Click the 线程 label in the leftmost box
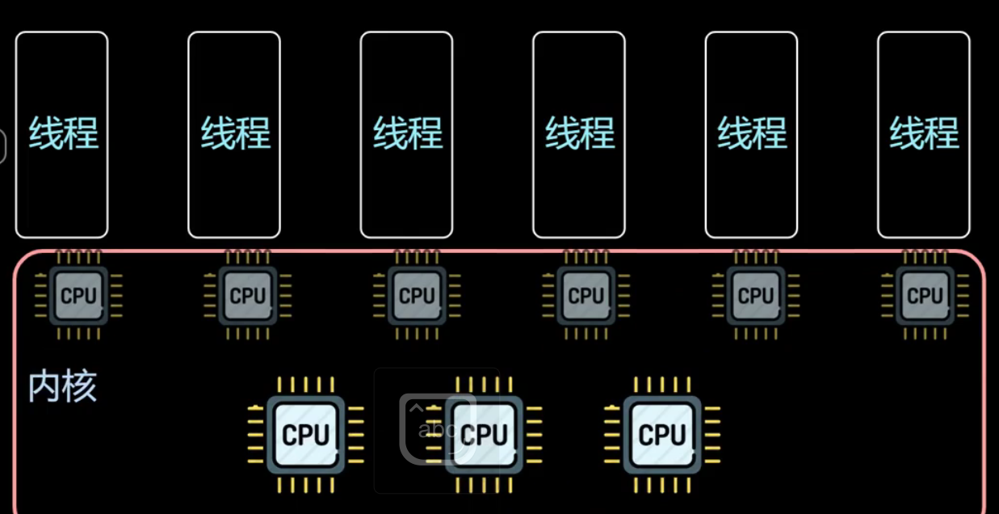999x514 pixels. coord(63,133)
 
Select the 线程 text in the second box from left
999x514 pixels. coord(235,133)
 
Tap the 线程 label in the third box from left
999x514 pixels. coord(407,133)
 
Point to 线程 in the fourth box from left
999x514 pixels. coord(580,133)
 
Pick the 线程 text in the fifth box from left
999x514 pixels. coord(752,133)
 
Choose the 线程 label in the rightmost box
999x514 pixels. coord(924,133)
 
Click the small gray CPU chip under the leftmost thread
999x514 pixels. coord(78,296)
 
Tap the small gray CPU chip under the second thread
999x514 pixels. coord(248,296)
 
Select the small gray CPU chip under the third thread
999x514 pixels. coord(417,296)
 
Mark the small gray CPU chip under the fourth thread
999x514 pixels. coord(586,296)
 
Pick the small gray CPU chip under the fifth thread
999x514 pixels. coord(756,296)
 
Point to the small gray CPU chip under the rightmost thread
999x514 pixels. coord(925,296)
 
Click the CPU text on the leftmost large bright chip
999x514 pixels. coord(306,435)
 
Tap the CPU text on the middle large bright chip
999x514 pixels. coord(484,435)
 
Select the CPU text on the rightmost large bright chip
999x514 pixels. coord(661,435)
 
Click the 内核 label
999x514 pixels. coord(62,387)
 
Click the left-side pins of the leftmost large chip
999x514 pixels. coord(256,435)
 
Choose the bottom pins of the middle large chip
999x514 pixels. coord(484,485)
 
